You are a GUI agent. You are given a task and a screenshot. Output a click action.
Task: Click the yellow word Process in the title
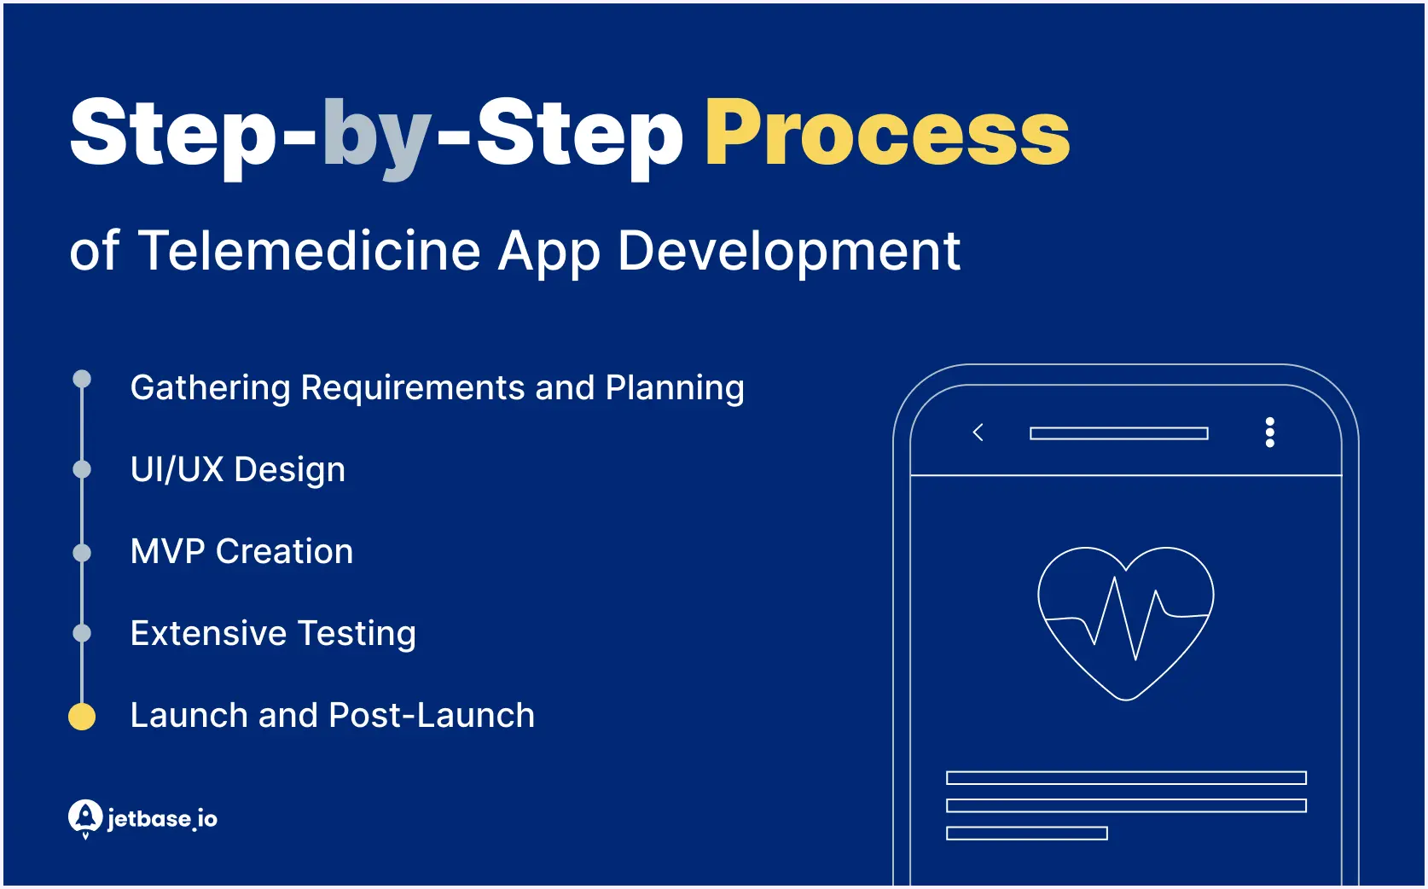(x=886, y=134)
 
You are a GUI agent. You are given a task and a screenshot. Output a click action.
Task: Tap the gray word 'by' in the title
(x=376, y=137)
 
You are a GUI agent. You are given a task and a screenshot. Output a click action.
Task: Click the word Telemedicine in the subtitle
(x=310, y=251)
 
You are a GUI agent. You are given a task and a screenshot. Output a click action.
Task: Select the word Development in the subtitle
(x=788, y=251)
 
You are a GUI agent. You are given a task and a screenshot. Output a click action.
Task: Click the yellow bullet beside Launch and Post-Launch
(x=82, y=717)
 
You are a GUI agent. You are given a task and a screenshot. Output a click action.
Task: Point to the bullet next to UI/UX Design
(x=82, y=469)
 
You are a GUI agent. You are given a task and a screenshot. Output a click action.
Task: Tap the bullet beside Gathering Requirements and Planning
(x=82, y=379)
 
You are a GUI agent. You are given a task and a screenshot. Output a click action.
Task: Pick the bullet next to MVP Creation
(x=82, y=553)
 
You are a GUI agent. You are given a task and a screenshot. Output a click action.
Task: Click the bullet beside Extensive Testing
(x=82, y=633)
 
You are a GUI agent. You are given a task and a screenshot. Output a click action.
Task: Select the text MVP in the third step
(x=167, y=552)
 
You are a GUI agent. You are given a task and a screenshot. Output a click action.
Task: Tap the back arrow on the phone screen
(x=978, y=433)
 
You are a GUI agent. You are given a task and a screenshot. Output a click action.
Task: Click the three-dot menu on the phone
(x=1269, y=433)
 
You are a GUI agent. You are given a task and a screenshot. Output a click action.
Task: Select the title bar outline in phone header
(x=1118, y=433)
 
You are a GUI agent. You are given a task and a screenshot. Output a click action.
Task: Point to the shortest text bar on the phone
(x=1026, y=834)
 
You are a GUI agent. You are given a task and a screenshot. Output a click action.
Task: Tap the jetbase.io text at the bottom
(x=162, y=819)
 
